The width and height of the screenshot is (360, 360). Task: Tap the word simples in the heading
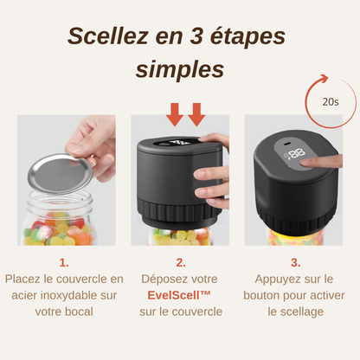(179, 68)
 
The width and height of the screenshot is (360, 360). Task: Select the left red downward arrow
(174, 113)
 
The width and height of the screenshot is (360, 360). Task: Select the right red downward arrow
(196, 113)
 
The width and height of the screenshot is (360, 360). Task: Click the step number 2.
(180, 262)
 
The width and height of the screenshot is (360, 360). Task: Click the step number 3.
(295, 262)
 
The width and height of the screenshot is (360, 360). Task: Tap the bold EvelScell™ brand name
(180, 295)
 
